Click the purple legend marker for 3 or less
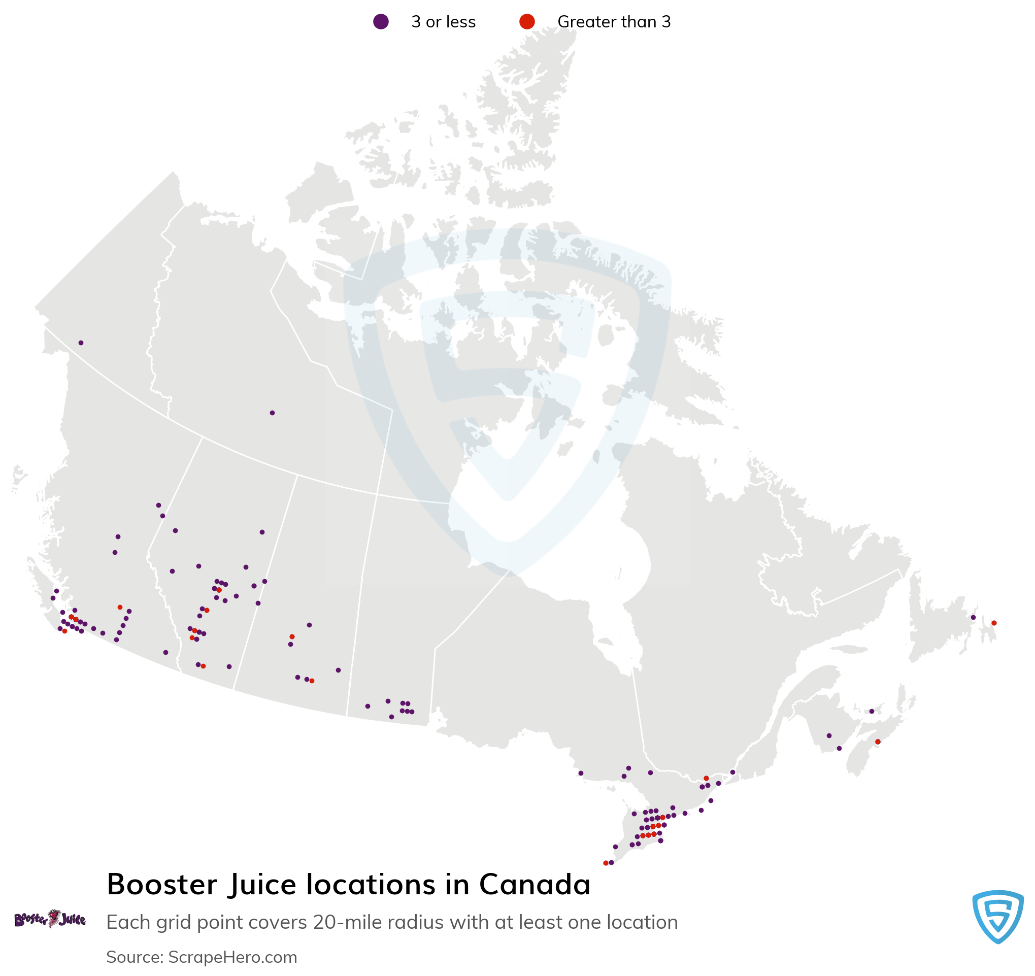click(381, 22)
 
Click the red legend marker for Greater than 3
click(527, 22)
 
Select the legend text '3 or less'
click(443, 22)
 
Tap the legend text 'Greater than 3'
click(614, 22)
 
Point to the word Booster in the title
click(162, 884)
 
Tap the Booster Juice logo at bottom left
click(50, 919)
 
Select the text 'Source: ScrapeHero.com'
click(202, 957)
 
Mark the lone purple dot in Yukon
click(81, 343)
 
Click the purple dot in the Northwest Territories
click(272, 413)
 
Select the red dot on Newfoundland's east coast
click(994, 623)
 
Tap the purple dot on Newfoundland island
click(973, 617)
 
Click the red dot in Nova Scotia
click(878, 742)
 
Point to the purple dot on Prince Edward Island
click(872, 711)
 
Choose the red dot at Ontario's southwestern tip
click(606, 863)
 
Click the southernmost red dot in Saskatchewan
click(312, 681)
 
